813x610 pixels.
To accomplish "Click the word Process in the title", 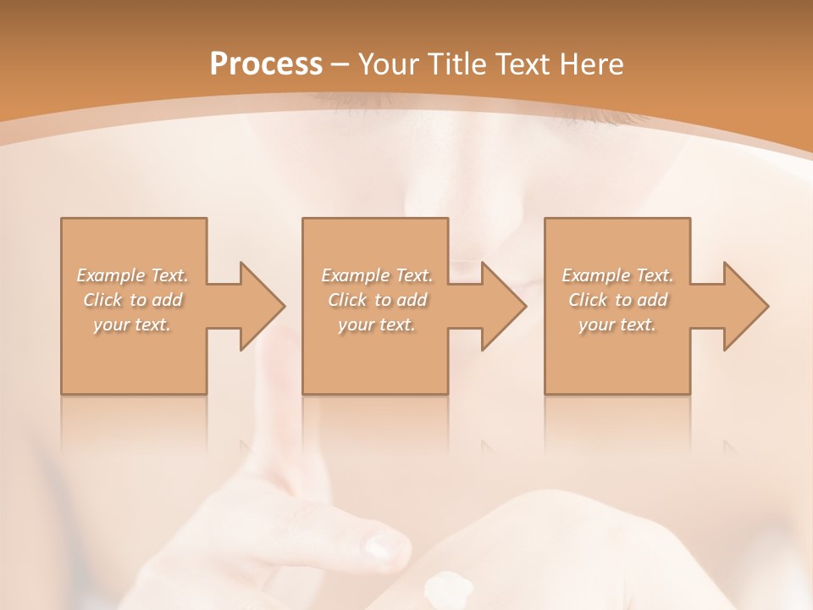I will tap(266, 64).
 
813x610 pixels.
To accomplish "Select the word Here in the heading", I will tap(593, 64).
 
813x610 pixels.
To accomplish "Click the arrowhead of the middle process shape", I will tap(504, 306).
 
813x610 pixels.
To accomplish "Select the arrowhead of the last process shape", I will tap(746, 306).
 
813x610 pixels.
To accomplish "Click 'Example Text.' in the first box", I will tap(133, 275).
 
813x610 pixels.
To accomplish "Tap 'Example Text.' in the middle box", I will tap(377, 275).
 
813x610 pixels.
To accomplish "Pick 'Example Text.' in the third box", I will tap(617, 275).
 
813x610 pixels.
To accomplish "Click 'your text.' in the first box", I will tap(133, 324).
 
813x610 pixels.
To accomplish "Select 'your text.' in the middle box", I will tap(377, 324).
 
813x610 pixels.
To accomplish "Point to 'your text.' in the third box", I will tap(617, 324).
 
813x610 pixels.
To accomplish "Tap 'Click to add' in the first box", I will tap(133, 300).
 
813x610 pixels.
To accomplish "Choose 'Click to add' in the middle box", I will tap(377, 300).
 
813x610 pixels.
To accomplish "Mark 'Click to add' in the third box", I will tap(617, 300).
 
